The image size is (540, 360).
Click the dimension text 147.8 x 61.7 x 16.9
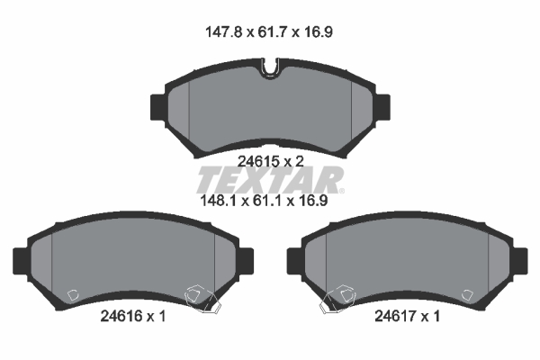pyautogui.click(x=269, y=32)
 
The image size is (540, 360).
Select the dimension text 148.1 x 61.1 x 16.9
pyautogui.click(x=264, y=201)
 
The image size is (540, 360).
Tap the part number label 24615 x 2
pyautogui.click(x=271, y=161)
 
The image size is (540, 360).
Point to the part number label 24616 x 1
pyautogui.click(x=133, y=316)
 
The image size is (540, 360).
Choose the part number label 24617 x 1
pyautogui.click(x=407, y=316)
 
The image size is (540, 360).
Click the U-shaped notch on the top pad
pyautogui.click(x=270, y=67)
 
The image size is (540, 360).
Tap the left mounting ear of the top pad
pyautogui.click(x=158, y=107)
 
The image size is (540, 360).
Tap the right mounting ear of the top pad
pyautogui.click(x=382, y=107)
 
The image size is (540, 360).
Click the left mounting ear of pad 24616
pyautogui.click(x=21, y=261)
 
